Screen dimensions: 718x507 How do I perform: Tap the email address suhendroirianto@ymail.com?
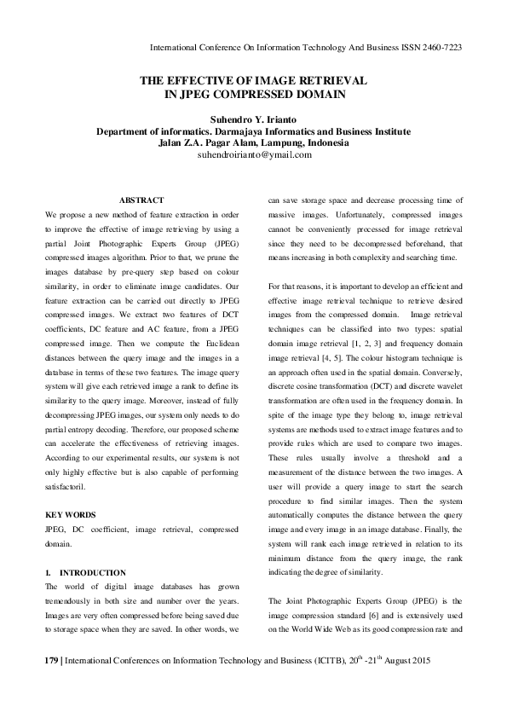point(253,156)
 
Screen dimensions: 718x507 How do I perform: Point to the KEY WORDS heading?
point(71,515)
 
